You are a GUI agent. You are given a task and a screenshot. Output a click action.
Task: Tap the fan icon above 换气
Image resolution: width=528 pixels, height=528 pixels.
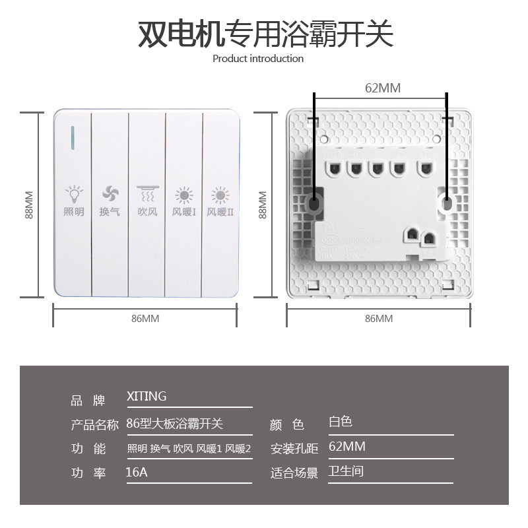coord(110,194)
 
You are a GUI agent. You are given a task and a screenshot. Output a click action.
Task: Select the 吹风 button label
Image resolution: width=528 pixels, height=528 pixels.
coord(147,213)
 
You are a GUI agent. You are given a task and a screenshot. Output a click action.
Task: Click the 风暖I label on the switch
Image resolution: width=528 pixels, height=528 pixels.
coord(183,213)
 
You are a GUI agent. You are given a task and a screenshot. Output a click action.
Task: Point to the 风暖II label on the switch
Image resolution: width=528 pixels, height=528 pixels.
coord(220,213)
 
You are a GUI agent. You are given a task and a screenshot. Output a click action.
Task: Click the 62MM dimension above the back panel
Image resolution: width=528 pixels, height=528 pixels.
coord(383,88)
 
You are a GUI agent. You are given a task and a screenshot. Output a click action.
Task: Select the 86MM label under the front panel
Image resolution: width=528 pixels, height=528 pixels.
coord(145,318)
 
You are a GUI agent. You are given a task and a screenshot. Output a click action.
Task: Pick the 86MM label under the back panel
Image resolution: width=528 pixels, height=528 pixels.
coord(379,318)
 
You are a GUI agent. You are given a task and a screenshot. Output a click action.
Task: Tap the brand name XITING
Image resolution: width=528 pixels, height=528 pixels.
coord(147,397)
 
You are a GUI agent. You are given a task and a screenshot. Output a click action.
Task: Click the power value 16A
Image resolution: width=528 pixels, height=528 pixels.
coord(136,473)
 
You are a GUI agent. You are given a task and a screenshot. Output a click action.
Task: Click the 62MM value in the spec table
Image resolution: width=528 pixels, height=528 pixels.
coord(346,447)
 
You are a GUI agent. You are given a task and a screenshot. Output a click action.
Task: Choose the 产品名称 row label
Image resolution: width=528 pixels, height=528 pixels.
coord(94,424)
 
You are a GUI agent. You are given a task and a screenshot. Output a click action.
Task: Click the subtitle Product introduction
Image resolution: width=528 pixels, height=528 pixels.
coord(258,59)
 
